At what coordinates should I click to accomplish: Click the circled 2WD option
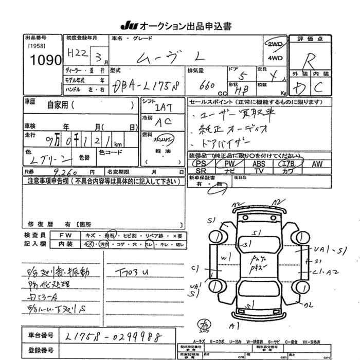275,44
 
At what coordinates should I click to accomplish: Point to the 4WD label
275,58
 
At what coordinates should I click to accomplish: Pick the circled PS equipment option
201,163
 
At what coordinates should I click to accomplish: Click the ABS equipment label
259,163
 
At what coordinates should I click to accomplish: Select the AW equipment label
317,163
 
